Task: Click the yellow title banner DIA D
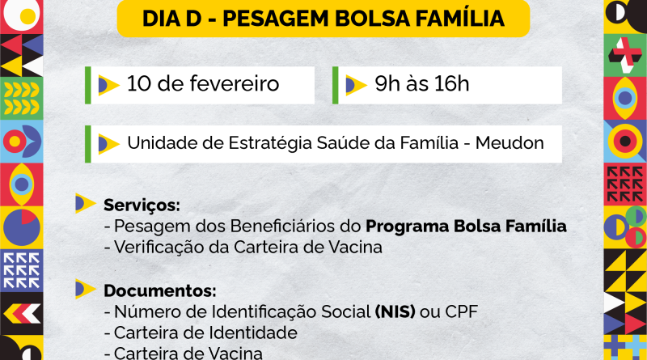323,17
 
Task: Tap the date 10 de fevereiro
203,84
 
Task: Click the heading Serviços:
142,205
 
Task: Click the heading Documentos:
160,290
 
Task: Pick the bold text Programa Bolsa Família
466,227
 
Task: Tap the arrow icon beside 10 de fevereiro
108,84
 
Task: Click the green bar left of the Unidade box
87,144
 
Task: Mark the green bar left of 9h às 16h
335,85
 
